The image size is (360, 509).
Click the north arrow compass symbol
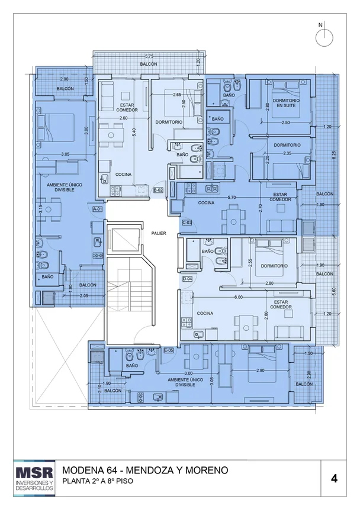click(324, 37)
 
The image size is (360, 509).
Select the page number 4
click(334, 478)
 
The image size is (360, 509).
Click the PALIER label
click(159, 233)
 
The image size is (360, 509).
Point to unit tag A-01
click(98, 209)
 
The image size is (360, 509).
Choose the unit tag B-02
click(158, 190)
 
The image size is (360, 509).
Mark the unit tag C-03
click(187, 223)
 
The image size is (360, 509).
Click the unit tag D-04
click(187, 279)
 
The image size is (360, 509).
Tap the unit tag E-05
click(169, 350)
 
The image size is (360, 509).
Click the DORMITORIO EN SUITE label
click(286, 103)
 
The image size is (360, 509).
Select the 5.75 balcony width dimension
click(149, 56)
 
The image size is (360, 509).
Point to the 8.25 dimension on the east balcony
click(334, 155)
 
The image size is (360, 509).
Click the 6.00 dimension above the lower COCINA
click(239, 297)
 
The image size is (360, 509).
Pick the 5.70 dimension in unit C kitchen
click(232, 197)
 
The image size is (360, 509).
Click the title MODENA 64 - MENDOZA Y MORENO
click(145, 470)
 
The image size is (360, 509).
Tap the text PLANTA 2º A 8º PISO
click(97, 481)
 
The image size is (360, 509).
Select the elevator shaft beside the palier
click(123, 239)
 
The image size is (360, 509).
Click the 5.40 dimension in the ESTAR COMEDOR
click(133, 132)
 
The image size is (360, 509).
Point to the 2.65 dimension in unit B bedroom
click(177, 95)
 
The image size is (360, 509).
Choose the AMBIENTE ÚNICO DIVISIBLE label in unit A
click(65, 187)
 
